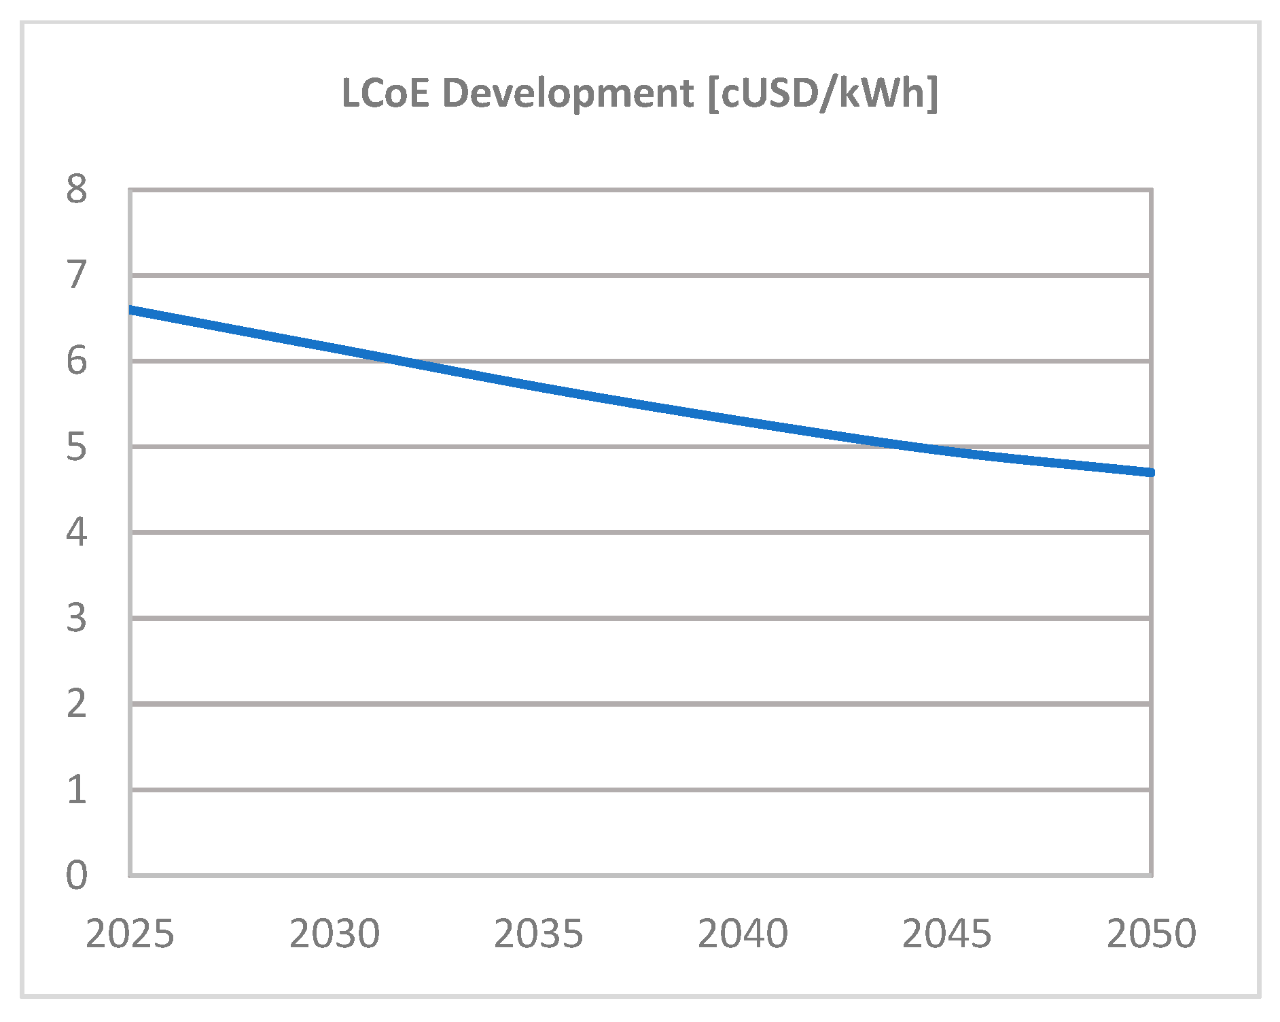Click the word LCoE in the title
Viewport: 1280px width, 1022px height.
(x=385, y=93)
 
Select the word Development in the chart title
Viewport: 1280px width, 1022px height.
(x=568, y=93)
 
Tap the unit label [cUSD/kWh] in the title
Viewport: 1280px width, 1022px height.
(x=823, y=93)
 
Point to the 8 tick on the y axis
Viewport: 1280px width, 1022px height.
(x=77, y=190)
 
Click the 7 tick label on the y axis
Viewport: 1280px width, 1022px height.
(x=77, y=275)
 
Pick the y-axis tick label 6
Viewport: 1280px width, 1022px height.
(x=77, y=361)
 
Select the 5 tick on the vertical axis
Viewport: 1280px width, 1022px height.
(x=77, y=447)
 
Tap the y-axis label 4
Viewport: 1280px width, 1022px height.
(x=77, y=532)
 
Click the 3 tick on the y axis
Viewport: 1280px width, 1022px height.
(x=77, y=618)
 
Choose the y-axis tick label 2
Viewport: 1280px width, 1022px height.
(x=77, y=704)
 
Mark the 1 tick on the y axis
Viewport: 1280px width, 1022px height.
(x=77, y=790)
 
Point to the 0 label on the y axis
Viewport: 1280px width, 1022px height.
(x=77, y=875)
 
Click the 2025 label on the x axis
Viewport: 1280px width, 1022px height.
(x=130, y=934)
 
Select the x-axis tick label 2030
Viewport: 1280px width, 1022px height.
(x=334, y=934)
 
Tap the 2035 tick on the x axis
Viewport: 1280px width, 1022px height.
(x=538, y=934)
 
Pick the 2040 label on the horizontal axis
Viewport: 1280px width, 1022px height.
(x=743, y=934)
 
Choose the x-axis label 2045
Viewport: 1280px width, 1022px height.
(x=946, y=934)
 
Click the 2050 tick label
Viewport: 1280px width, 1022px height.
(x=1151, y=934)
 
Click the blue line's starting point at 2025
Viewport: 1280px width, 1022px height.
(x=131, y=310)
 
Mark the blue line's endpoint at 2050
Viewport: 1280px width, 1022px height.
(x=1152, y=472)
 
